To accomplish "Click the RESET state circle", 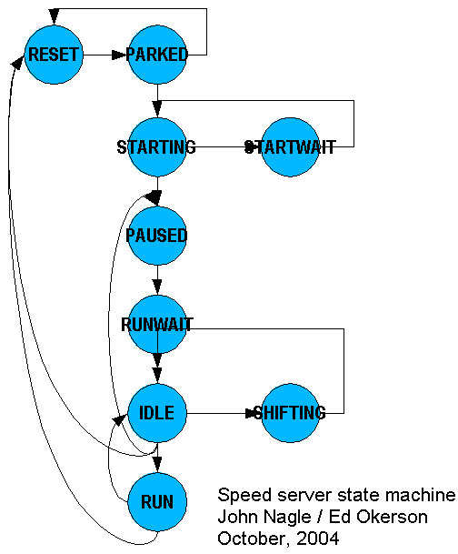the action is (54, 55).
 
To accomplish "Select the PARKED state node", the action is (157, 55).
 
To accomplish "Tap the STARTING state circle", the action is (157, 147).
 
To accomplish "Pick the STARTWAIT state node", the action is (291, 147).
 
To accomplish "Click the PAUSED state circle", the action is (157, 236).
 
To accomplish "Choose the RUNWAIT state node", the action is (157, 325).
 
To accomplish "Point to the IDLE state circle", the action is (157, 413).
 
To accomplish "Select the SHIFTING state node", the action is (291, 413).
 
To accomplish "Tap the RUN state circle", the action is (157, 502).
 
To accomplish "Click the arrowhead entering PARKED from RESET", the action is (119, 55).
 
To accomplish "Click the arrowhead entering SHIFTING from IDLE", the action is (253, 413).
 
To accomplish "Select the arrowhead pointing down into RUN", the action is (157, 464).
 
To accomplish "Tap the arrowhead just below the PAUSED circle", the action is (157, 287).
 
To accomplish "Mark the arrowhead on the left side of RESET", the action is (17, 62).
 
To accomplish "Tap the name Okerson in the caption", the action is (392, 517).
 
